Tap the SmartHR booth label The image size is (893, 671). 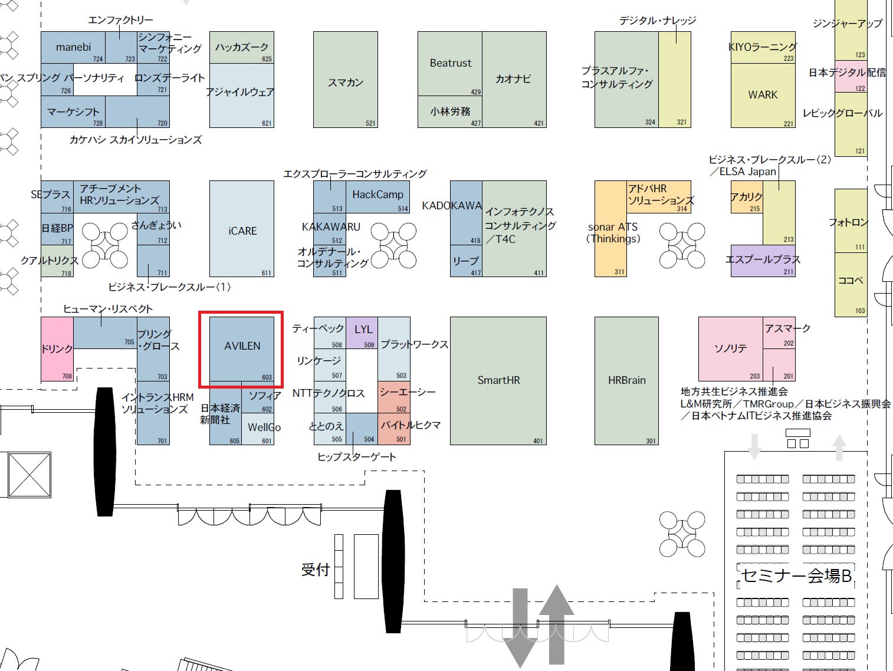coord(498,380)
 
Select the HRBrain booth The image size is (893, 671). coord(626,380)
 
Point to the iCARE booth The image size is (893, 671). coord(242,231)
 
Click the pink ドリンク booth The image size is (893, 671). coord(57,349)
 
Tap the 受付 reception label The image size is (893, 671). coord(315,570)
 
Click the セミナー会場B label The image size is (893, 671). coord(796,575)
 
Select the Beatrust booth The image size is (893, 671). coord(450,64)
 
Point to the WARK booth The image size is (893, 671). coord(763,95)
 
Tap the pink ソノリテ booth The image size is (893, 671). coord(731,348)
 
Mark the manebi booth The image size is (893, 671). coord(73,47)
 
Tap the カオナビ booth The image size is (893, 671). coord(514,79)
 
